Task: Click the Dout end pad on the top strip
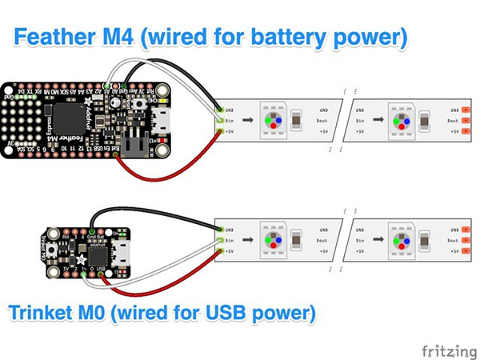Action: (x=465, y=120)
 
